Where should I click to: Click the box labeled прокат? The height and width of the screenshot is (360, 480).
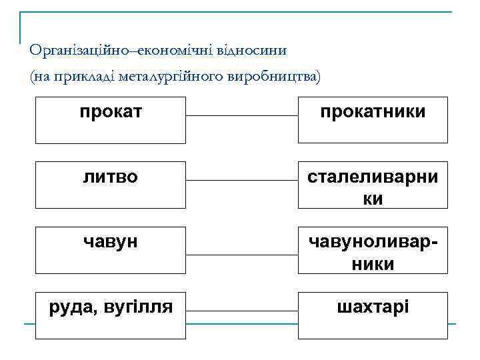[110, 120]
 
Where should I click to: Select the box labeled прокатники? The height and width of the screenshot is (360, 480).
[373, 120]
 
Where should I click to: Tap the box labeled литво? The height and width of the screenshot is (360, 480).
[110, 184]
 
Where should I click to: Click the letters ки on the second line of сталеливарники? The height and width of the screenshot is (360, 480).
[373, 199]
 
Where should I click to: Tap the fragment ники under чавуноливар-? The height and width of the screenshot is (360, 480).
[373, 264]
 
